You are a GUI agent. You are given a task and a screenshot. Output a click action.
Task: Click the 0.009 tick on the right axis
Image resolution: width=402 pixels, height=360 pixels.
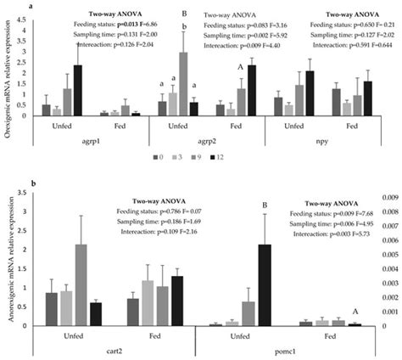[386, 196]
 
